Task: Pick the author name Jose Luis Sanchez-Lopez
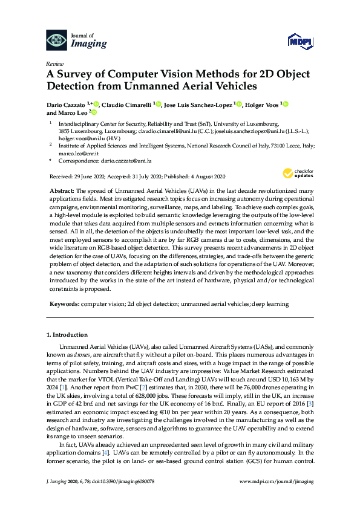[198, 104]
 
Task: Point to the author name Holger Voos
[261, 104]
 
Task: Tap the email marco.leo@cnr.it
[73, 154]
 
